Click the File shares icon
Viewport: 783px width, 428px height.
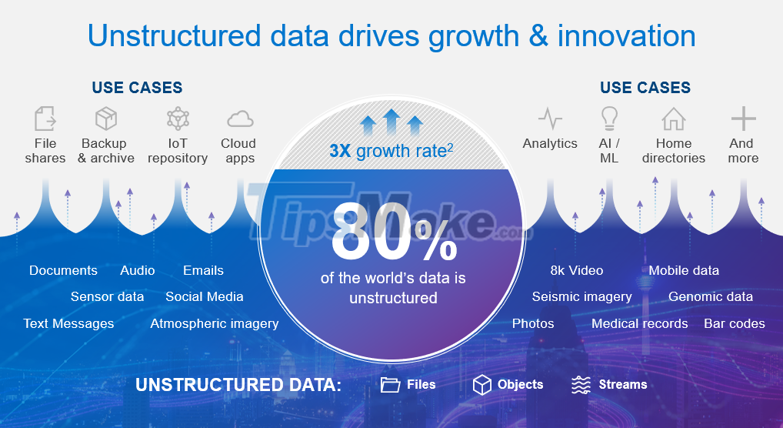[45, 119]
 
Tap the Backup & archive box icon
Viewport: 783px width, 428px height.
[106, 119]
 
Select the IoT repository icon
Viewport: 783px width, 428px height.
[178, 119]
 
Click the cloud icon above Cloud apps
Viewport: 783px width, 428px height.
[240, 119]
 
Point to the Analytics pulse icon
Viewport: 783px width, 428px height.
[550, 119]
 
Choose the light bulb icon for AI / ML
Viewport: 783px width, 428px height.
[609, 118]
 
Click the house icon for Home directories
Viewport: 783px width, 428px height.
[673, 119]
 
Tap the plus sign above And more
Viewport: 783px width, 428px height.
[743, 119]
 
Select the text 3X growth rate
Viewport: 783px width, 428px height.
[391, 150]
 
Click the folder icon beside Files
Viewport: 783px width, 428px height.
[391, 385]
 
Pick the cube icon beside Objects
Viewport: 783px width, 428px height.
[482, 385]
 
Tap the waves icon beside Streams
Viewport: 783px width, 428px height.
[581, 385]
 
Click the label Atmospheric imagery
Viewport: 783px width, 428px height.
[215, 323]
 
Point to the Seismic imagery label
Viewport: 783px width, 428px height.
[581, 296]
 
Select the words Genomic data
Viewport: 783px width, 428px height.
[711, 296]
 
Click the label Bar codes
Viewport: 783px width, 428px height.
[735, 323]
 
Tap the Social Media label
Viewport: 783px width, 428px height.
[205, 296]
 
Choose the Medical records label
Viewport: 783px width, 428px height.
[639, 323]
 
